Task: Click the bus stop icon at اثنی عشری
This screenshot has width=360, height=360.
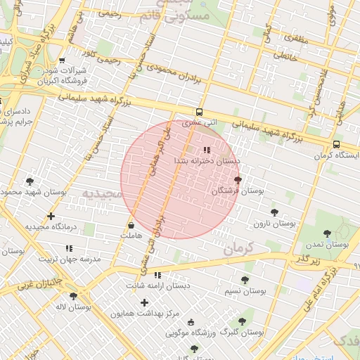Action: coord(200,112)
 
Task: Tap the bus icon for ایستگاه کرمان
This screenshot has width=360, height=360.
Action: coord(336,145)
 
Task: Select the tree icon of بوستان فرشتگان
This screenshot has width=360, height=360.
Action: coord(238,181)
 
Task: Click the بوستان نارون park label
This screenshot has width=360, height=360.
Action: coord(276,223)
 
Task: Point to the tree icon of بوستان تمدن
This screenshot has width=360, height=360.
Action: coord(327,233)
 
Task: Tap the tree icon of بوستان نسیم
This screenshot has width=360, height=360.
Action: coord(244,281)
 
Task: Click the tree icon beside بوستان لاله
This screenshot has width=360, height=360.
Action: coord(73,296)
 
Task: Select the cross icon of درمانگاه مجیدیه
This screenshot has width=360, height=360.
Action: coord(51,216)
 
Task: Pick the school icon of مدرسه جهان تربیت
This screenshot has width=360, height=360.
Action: coord(69,248)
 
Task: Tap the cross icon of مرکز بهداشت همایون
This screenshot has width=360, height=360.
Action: coord(144,302)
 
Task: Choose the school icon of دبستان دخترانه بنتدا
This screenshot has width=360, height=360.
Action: coord(207,150)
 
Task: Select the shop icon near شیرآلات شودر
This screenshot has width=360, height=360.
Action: coord(62,60)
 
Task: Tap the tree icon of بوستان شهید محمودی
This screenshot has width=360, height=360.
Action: coord(30,181)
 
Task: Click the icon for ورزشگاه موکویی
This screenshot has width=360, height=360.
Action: coord(191,323)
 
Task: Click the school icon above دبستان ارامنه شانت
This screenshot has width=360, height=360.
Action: coord(157,275)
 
